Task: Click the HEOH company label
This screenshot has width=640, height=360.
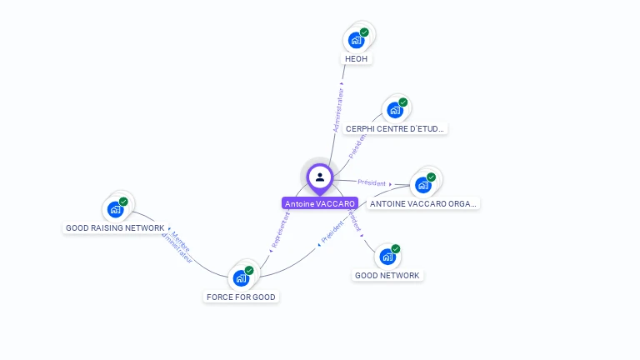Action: (x=357, y=59)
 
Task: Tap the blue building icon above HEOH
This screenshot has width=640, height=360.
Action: (x=356, y=40)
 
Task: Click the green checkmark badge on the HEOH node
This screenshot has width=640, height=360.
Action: (x=364, y=32)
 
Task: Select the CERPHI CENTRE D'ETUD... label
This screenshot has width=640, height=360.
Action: (x=396, y=129)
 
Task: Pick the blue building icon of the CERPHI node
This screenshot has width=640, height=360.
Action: (x=394, y=110)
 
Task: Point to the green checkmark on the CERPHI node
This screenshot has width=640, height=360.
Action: (x=403, y=102)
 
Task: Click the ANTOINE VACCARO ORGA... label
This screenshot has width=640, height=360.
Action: (x=424, y=203)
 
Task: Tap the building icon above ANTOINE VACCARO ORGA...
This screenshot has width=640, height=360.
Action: (x=422, y=184)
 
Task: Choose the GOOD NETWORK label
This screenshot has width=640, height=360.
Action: (x=387, y=275)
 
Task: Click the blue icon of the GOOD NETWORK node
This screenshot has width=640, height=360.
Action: (x=387, y=256)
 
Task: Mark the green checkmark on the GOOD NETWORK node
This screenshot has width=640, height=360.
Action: (x=396, y=248)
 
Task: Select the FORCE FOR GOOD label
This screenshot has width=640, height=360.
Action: (x=241, y=297)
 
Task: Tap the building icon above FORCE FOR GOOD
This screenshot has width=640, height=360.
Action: (x=241, y=277)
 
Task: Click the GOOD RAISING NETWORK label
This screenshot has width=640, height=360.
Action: (x=115, y=227)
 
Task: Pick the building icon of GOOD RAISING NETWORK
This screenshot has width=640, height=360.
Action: (x=115, y=208)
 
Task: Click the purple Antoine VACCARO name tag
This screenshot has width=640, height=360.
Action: (x=320, y=203)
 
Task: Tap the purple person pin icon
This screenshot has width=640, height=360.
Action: (x=320, y=177)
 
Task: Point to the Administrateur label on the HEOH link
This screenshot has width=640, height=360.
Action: (x=338, y=111)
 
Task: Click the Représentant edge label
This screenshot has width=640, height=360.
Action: (x=280, y=231)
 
